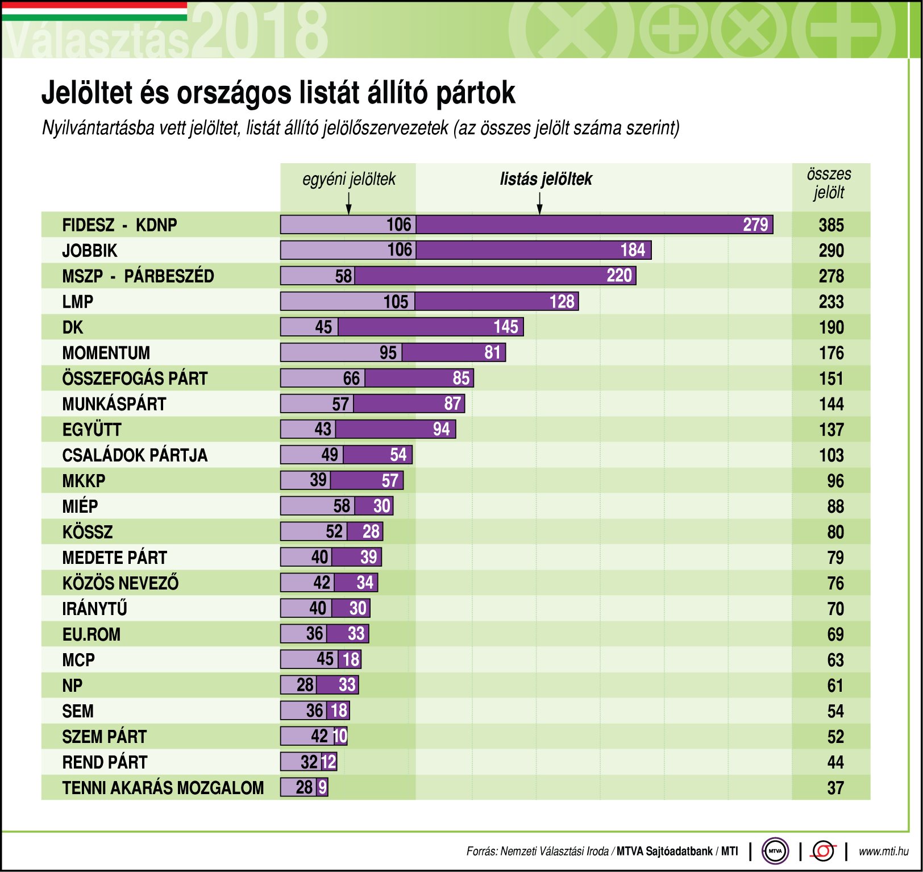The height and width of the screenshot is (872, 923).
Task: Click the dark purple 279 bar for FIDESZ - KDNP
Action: [x=594, y=225]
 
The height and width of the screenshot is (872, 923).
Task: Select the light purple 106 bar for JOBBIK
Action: [x=348, y=250]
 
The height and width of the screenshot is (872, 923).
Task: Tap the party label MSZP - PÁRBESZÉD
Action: [x=138, y=276]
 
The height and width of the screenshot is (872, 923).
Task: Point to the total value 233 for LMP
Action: [x=831, y=302]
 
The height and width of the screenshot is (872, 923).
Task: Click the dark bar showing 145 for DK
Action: [x=430, y=327]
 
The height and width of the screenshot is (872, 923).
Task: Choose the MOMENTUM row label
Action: [x=106, y=353]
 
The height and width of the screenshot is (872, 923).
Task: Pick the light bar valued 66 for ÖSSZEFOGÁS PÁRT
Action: [x=322, y=378]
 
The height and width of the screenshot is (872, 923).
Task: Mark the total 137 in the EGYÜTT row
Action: [x=831, y=430]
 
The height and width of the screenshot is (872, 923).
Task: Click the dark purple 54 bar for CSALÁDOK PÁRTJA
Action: [x=377, y=455]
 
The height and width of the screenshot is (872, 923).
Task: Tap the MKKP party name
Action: [x=84, y=481]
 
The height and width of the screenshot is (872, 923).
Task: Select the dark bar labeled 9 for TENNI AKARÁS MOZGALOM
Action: [x=322, y=787]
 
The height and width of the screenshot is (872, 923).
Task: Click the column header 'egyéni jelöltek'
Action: [x=348, y=179]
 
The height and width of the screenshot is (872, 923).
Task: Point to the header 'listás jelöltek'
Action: [x=546, y=179]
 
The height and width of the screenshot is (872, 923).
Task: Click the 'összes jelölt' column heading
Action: [x=829, y=183]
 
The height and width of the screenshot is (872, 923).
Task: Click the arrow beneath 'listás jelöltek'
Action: [x=539, y=204]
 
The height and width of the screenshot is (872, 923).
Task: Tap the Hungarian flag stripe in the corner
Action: [x=94, y=11]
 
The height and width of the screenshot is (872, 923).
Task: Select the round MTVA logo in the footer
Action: [x=775, y=851]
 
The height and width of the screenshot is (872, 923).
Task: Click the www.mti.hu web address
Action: [x=883, y=852]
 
